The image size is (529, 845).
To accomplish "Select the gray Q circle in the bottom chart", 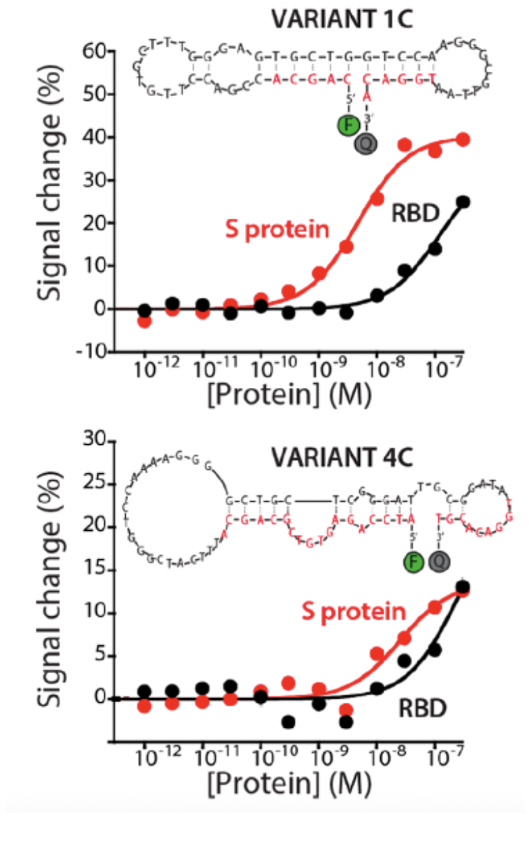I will tap(439, 561).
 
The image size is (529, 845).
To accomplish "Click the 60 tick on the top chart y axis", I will tap(94, 51).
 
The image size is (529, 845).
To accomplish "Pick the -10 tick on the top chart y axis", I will tap(91, 352).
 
